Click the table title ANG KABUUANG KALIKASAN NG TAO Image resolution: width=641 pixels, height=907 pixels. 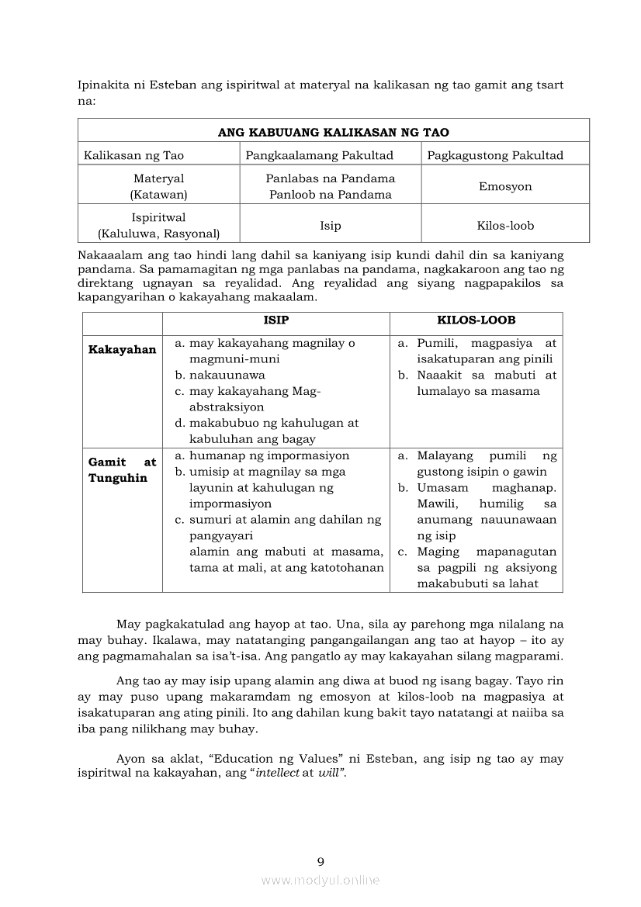pos(333,132)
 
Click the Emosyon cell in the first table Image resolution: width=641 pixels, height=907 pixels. pos(505,186)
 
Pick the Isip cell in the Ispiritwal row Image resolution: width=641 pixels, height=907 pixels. pos(330,226)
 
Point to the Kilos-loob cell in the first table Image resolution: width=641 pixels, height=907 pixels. pos(505,226)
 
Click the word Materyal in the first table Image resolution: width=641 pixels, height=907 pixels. pos(158,178)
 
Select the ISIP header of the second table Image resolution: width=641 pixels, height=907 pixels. pos(275,320)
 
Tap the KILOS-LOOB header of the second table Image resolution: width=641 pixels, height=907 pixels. pos(476,320)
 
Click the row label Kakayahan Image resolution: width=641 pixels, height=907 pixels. pos(122,350)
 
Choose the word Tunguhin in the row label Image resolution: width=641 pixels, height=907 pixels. pos(117,478)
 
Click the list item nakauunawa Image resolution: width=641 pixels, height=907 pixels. pos(227,375)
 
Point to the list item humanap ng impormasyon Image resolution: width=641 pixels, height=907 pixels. pos(269,455)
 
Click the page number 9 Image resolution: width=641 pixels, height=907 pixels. pos(320,861)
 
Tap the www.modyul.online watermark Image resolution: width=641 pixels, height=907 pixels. pos(320,880)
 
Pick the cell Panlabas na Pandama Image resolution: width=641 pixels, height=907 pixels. pos(330,178)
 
